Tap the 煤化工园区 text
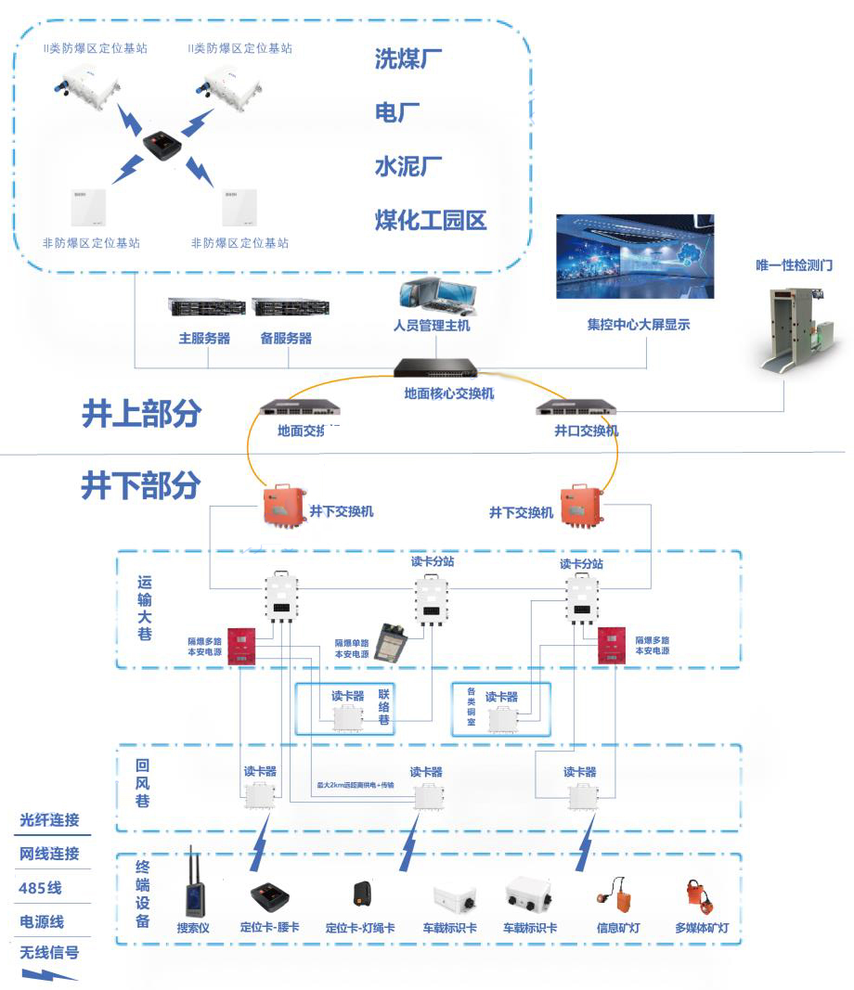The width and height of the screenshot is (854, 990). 430,221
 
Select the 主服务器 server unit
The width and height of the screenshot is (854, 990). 205,307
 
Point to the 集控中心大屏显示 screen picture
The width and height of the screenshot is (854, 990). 636,256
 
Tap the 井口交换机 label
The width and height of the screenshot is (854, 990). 586,431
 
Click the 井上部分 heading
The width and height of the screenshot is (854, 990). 141,415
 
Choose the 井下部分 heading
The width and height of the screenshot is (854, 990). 141,485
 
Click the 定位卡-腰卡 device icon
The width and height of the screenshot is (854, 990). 272,895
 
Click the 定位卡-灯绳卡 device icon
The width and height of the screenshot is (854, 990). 362,894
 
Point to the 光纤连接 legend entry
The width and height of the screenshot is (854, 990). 49,820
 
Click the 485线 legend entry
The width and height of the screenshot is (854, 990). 40,888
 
